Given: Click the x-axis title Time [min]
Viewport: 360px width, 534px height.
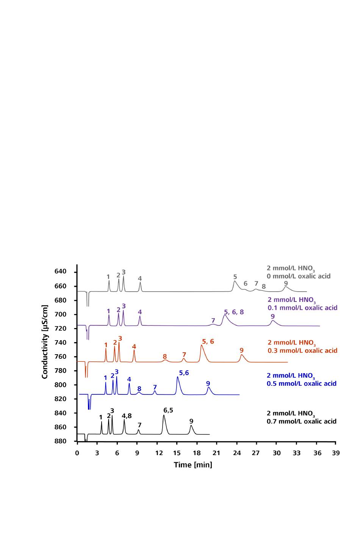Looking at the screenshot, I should (x=193, y=465).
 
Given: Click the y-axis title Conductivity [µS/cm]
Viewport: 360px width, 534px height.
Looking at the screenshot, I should (x=45, y=341).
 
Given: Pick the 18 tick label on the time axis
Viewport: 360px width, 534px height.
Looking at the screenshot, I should (x=197, y=452).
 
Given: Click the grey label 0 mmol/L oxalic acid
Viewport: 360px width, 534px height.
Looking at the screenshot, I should (x=299, y=276).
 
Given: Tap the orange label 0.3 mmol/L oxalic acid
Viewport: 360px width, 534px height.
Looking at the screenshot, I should (x=302, y=350).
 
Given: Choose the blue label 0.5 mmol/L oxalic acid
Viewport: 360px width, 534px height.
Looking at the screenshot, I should (x=302, y=383).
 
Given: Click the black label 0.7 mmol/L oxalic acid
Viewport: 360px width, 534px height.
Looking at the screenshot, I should (x=302, y=421).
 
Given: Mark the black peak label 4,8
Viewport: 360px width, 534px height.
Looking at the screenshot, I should (x=127, y=416).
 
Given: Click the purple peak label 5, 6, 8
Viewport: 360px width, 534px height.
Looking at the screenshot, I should (x=234, y=312).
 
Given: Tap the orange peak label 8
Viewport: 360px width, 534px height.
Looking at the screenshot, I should (x=165, y=357).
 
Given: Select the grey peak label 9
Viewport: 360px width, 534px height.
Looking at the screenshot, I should (x=286, y=283).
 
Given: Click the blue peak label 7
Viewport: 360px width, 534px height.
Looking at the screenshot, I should (x=155, y=387).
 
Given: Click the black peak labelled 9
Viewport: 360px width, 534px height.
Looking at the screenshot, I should (x=191, y=426).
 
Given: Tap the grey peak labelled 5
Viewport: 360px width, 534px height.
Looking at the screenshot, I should (x=235, y=281).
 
